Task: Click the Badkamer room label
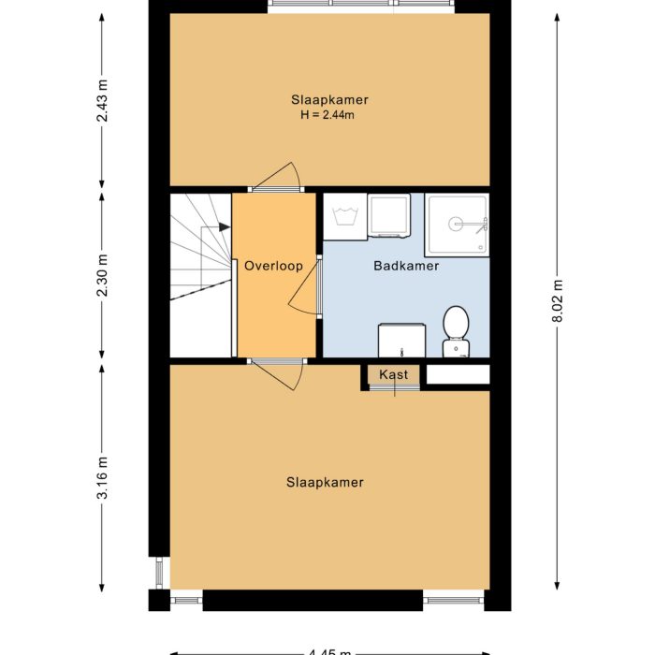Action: tap(406, 266)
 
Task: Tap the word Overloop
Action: tap(273, 266)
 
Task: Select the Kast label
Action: tap(393, 374)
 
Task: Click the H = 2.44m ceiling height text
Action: tap(328, 115)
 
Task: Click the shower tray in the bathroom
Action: tap(457, 224)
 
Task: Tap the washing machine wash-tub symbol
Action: tap(344, 217)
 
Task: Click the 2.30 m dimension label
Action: tap(103, 275)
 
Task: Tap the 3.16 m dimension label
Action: tap(103, 477)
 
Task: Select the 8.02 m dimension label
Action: tap(559, 300)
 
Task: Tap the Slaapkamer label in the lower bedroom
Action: tap(325, 483)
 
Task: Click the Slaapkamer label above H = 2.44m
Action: tap(328, 99)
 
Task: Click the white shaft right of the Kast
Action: tap(458, 374)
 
